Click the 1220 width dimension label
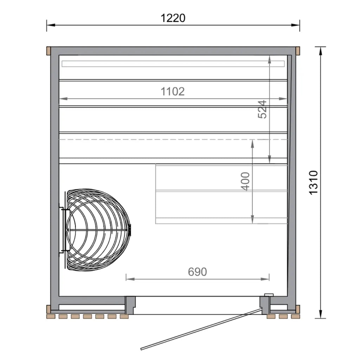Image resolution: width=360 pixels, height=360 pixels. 173,18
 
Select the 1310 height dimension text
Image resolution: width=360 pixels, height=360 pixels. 313,182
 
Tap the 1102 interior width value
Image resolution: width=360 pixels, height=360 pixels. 173,91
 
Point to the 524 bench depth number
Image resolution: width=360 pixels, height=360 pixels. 263,109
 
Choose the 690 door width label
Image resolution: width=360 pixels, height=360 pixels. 197,272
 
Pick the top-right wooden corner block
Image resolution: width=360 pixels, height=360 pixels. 298,51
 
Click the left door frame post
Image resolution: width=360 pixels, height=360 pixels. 130,304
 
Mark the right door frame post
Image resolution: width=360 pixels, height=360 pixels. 264,304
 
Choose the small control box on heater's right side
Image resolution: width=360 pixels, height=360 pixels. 130,230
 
